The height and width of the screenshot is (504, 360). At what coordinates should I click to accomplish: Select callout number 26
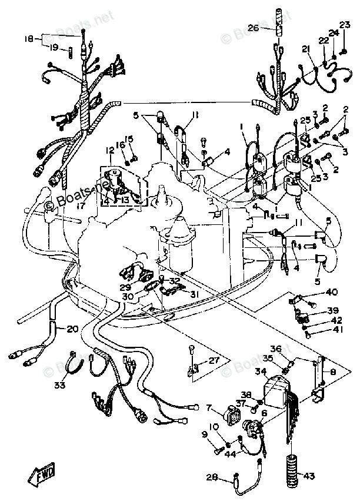tap(253, 28)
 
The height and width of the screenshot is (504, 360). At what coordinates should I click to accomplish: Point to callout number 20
tap(72, 329)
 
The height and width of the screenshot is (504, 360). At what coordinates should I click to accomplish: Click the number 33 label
tap(59, 386)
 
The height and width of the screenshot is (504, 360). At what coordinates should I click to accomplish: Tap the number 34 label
tap(260, 372)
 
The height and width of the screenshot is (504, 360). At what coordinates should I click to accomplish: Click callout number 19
tap(54, 47)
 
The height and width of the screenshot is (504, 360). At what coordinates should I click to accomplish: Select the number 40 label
tap(332, 293)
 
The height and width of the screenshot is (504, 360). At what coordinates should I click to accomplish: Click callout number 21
tap(306, 49)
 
